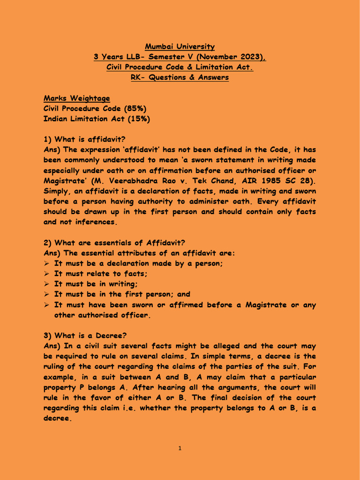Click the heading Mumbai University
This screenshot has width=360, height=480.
click(x=180, y=47)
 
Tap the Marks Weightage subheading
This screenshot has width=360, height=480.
click(x=77, y=98)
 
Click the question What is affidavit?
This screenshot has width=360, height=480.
click(x=90, y=140)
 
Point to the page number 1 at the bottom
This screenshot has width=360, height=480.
click(x=180, y=449)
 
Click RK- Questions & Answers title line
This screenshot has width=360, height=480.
click(x=180, y=78)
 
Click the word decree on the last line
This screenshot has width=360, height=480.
click(x=57, y=418)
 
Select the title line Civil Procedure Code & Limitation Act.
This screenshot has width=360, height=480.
click(x=180, y=67)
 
